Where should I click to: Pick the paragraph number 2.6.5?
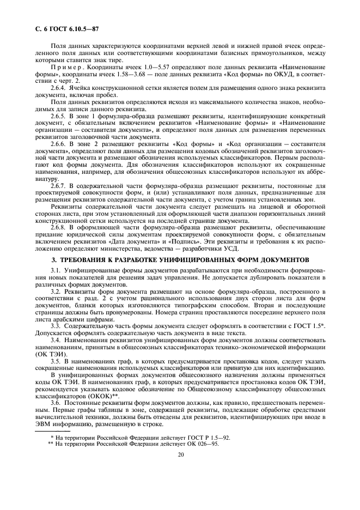[x=59, y=116]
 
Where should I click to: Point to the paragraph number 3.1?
[x=55, y=270]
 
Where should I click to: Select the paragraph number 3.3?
[x=55, y=326]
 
